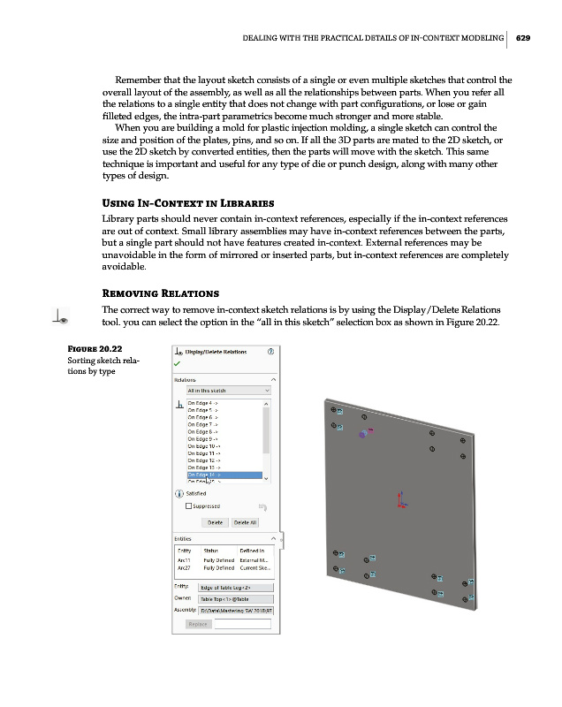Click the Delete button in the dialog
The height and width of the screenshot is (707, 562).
[x=214, y=522]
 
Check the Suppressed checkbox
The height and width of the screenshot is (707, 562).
[x=189, y=506]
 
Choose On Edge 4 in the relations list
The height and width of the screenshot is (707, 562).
[x=201, y=402]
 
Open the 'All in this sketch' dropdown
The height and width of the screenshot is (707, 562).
[x=228, y=389]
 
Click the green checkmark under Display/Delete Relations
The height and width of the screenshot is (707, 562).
[x=178, y=362]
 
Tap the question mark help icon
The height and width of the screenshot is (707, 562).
[x=270, y=351]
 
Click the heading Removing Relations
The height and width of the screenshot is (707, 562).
[x=161, y=293]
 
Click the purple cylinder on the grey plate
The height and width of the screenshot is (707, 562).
[x=362, y=435]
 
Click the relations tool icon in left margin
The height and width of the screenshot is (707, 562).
[x=62, y=314]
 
